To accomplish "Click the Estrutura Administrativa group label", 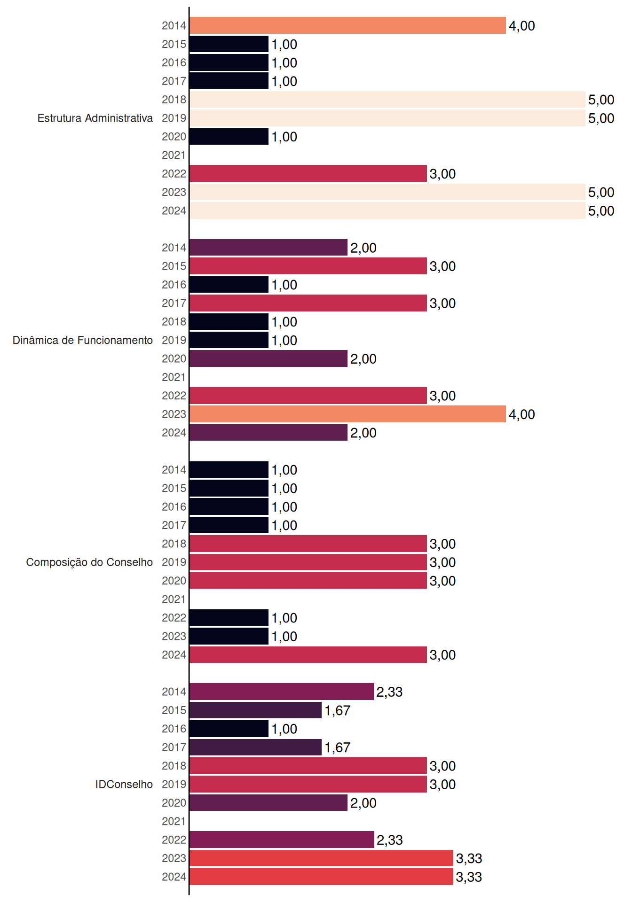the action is pos(95,118).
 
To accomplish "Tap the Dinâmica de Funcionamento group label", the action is pos(83,340).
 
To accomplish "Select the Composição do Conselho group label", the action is pos(89,562).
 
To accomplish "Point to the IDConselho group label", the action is pos(124,784).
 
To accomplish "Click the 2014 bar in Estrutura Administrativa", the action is pos(348,25).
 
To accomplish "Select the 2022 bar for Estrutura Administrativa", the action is pos(308,173).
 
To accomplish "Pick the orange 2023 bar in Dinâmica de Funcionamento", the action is pos(348,414).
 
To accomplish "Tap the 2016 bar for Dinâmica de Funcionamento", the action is pos(229,285).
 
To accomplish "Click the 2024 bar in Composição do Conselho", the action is pos(308,654).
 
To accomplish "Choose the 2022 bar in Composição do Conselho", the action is pos(229,618).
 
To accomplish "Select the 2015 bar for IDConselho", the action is pos(255,710).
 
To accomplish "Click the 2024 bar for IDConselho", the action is pos(321,877).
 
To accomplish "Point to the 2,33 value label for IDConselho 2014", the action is pos(389,692).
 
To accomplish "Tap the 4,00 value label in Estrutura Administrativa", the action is pos(522,26).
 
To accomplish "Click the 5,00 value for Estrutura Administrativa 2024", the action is pos(601,211).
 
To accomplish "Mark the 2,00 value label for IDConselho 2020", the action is pos(363,803).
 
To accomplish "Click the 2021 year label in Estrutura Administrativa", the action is pos(174,155).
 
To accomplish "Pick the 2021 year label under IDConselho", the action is pos(174,821).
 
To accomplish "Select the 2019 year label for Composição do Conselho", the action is pos(174,562).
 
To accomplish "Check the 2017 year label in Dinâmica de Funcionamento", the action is pos(174,303).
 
